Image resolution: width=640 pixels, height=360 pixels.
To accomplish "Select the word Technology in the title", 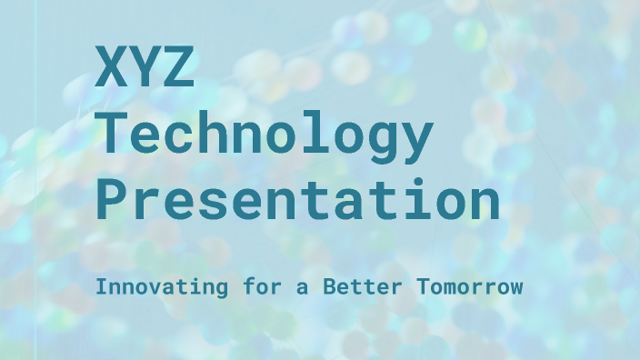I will click(x=264, y=135).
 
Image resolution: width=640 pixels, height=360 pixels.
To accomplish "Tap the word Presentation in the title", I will click(x=298, y=200).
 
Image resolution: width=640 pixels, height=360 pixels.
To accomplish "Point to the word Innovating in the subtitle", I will click(x=149, y=287).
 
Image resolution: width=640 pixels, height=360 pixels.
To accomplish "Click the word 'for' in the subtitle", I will click(x=235, y=287).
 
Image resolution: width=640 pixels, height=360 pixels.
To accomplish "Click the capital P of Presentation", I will click(x=113, y=200).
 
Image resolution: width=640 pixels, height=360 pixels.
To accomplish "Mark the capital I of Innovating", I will click(x=100, y=287).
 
